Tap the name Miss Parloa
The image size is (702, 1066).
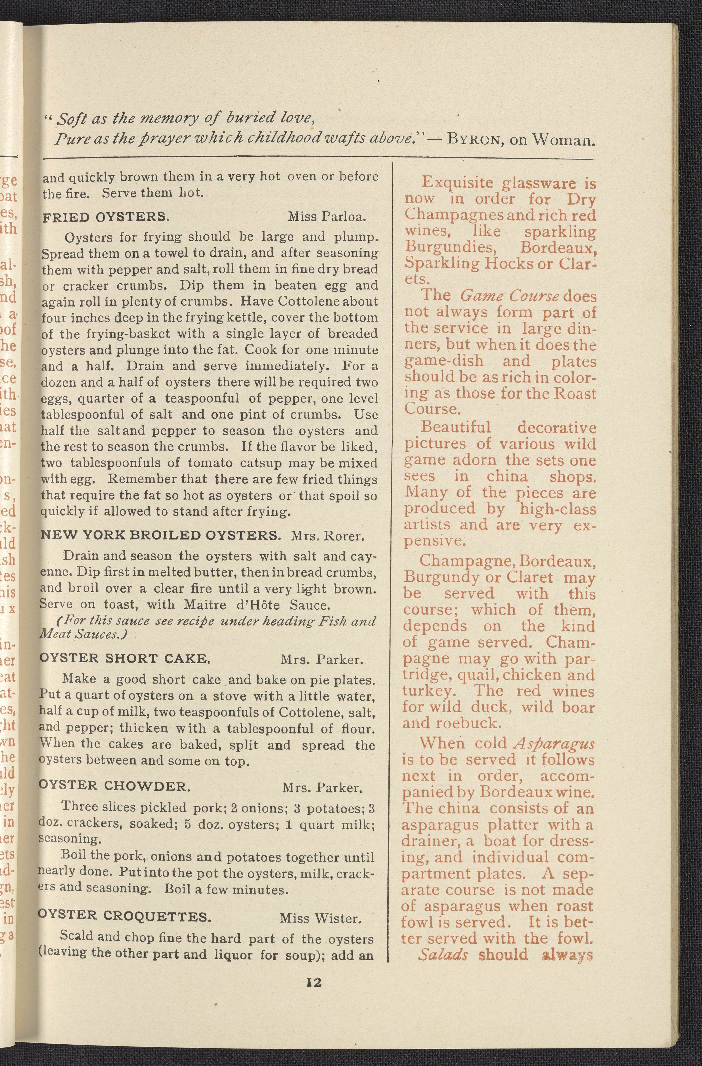tap(327, 217)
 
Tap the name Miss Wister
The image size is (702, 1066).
tap(320, 919)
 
